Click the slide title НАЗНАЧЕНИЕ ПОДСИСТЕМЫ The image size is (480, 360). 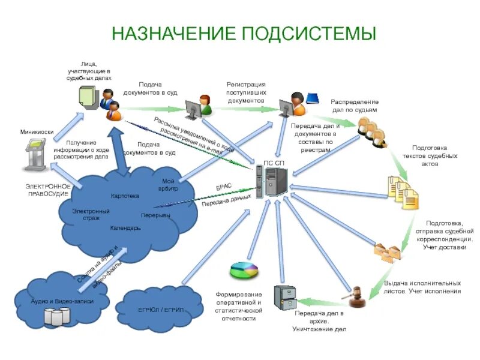(x=244, y=33)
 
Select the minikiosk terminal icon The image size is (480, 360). (x=38, y=156)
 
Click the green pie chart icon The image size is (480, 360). (x=244, y=270)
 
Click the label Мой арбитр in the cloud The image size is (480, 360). (x=168, y=185)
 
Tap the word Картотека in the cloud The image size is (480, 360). (x=125, y=196)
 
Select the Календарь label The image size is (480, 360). (x=125, y=228)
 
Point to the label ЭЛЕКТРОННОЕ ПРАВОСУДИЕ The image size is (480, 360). (x=47, y=190)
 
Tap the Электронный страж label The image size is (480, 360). (x=91, y=214)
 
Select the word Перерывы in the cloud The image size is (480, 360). (x=155, y=215)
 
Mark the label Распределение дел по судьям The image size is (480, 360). (x=355, y=106)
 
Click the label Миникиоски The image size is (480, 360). (x=37, y=132)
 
